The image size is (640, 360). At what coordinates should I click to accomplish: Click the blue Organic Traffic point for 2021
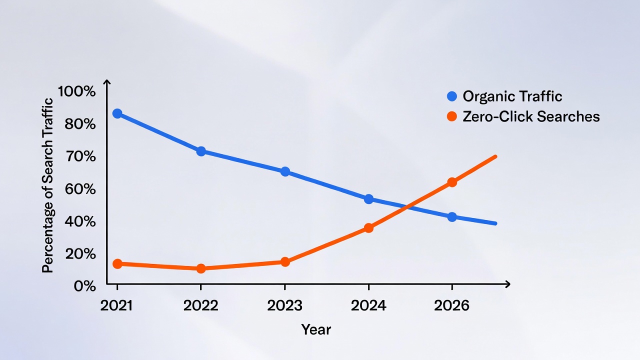(x=117, y=113)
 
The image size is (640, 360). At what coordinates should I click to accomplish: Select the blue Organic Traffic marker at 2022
(x=201, y=151)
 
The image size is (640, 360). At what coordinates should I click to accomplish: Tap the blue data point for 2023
(x=285, y=171)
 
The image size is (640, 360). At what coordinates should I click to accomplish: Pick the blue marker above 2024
(x=368, y=199)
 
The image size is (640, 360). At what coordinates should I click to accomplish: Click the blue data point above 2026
(x=452, y=217)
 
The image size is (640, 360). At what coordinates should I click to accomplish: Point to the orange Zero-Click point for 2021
(x=117, y=263)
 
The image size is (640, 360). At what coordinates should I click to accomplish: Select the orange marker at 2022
(x=201, y=268)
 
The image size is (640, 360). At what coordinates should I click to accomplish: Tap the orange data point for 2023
(x=285, y=261)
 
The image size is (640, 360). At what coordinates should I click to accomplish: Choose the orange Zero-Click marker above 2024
(x=368, y=228)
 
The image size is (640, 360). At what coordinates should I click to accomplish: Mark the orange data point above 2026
(x=452, y=182)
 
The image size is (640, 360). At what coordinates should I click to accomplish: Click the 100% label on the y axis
(x=76, y=91)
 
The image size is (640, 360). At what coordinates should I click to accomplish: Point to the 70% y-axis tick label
(x=80, y=156)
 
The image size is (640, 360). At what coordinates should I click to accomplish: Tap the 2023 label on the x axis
(x=284, y=305)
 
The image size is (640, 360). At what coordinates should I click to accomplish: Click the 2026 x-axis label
(x=452, y=305)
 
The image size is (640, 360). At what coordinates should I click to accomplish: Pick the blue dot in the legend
(x=452, y=96)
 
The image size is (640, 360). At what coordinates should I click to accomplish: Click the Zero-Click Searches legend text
(x=531, y=116)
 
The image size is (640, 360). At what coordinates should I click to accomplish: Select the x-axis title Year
(x=316, y=329)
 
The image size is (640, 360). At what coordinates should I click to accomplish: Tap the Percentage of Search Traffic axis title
(x=47, y=185)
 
